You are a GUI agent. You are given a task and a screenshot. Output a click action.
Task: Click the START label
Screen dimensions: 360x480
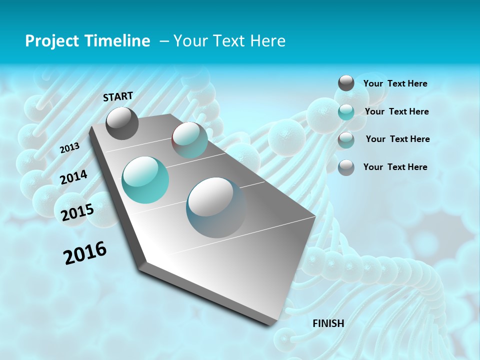pyautogui.click(x=118, y=96)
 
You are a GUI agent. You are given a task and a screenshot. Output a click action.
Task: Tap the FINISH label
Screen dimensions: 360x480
pyautogui.click(x=328, y=323)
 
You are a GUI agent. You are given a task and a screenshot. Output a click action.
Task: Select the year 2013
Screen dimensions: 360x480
pyautogui.click(x=70, y=147)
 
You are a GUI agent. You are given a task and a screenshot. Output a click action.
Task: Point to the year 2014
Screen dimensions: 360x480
pyautogui.click(x=74, y=177)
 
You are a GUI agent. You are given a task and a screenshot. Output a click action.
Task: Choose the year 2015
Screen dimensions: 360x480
pyautogui.click(x=77, y=212)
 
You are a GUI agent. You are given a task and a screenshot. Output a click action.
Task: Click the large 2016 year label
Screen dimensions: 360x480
pyautogui.click(x=85, y=253)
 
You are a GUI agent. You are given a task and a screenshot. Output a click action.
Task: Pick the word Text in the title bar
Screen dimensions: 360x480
pyautogui.click(x=227, y=41)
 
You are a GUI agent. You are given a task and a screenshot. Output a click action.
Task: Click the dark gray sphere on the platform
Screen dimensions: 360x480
pyautogui.click(x=122, y=123)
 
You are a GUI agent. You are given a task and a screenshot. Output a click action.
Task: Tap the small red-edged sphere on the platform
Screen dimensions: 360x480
pyautogui.click(x=189, y=139)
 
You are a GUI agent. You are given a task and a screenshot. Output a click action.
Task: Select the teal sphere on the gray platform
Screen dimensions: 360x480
pyautogui.click(x=145, y=179)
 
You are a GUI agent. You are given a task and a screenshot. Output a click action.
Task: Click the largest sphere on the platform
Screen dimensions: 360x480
pyautogui.click(x=216, y=207)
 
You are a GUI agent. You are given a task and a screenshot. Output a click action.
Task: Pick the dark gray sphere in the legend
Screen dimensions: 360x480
pyautogui.click(x=346, y=83)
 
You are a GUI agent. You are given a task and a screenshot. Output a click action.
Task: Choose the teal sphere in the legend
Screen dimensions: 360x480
pyautogui.click(x=346, y=111)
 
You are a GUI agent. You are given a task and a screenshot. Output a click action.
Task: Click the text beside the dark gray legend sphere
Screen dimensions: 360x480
pyautogui.click(x=395, y=83)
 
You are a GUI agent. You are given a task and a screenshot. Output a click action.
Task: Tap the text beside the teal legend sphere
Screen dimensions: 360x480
pyautogui.click(x=396, y=111)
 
